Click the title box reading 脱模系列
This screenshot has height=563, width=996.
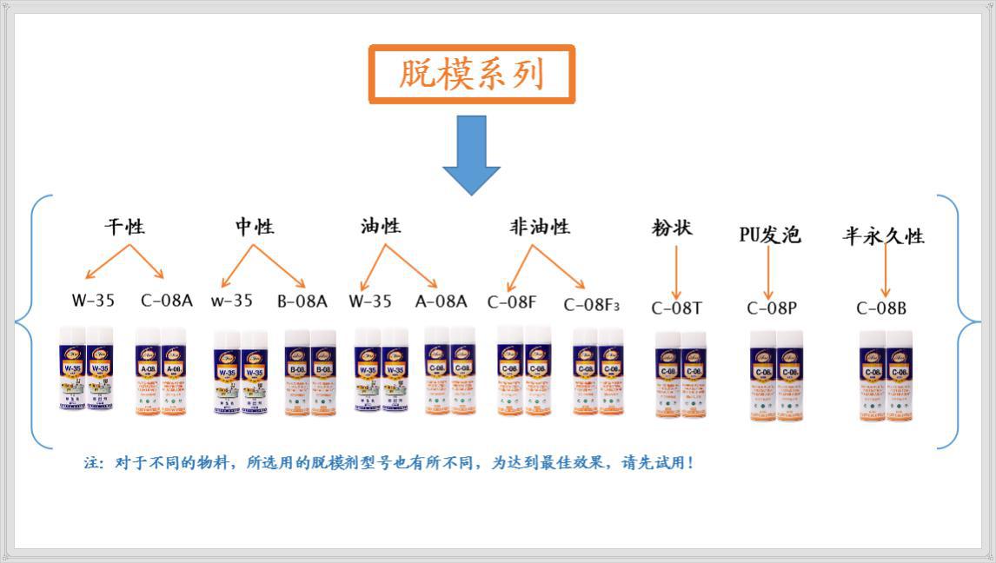(472, 75)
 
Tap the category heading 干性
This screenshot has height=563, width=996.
(125, 227)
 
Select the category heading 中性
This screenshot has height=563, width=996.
(255, 227)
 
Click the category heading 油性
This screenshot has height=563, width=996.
(381, 226)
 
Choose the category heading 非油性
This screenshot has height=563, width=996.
(540, 227)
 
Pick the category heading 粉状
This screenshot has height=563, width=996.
(672, 229)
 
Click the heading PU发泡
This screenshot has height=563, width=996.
(769, 235)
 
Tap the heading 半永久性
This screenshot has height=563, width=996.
(883, 235)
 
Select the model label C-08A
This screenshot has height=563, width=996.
(167, 301)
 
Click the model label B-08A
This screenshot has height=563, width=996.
(302, 301)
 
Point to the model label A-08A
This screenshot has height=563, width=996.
(441, 301)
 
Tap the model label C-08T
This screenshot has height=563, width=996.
(677, 308)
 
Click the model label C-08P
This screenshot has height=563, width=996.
(772, 308)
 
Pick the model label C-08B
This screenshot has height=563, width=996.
(881, 308)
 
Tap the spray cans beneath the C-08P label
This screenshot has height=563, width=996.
(776, 375)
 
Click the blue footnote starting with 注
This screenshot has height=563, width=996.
(388, 463)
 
